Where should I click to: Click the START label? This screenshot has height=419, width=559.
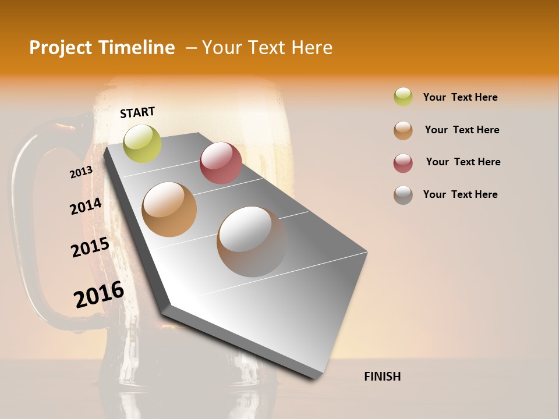click(137, 112)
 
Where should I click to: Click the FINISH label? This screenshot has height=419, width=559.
click(382, 377)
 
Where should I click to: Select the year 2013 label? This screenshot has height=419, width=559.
click(81, 172)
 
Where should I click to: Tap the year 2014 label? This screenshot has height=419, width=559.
click(86, 207)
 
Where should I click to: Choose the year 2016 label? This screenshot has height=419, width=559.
click(99, 294)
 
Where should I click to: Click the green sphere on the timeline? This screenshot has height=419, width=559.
click(143, 143)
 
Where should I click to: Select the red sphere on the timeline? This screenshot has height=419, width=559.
click(221, 163)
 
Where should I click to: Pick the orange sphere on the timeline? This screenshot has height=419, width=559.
click(169, 209)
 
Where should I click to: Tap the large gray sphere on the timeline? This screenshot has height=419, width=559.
click(252, 241)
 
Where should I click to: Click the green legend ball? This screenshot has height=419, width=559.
click(403, 97)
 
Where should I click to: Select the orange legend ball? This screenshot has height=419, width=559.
click(403, 130)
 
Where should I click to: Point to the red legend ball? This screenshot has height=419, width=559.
click(403, 163)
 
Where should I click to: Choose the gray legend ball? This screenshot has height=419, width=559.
click(403, 195)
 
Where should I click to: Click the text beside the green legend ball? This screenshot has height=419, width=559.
click(460, 97)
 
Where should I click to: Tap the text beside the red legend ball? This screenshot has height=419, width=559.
click(463, 162)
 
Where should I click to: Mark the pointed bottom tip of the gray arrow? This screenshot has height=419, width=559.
click(318, 378)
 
